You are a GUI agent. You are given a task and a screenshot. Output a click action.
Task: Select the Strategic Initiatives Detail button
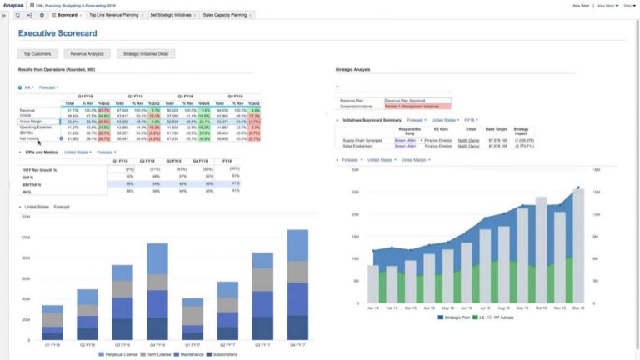coord(142,53)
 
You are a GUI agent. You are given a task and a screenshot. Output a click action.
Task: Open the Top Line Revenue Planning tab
coord(115,15)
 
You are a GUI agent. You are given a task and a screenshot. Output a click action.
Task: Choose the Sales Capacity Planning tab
coord(226,15)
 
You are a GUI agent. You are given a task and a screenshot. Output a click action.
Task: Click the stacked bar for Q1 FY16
coord(52,323)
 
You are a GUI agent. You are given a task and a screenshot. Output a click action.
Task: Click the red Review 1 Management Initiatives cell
coord(417,106)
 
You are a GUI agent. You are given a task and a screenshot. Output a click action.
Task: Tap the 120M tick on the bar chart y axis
coord(25,215)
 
